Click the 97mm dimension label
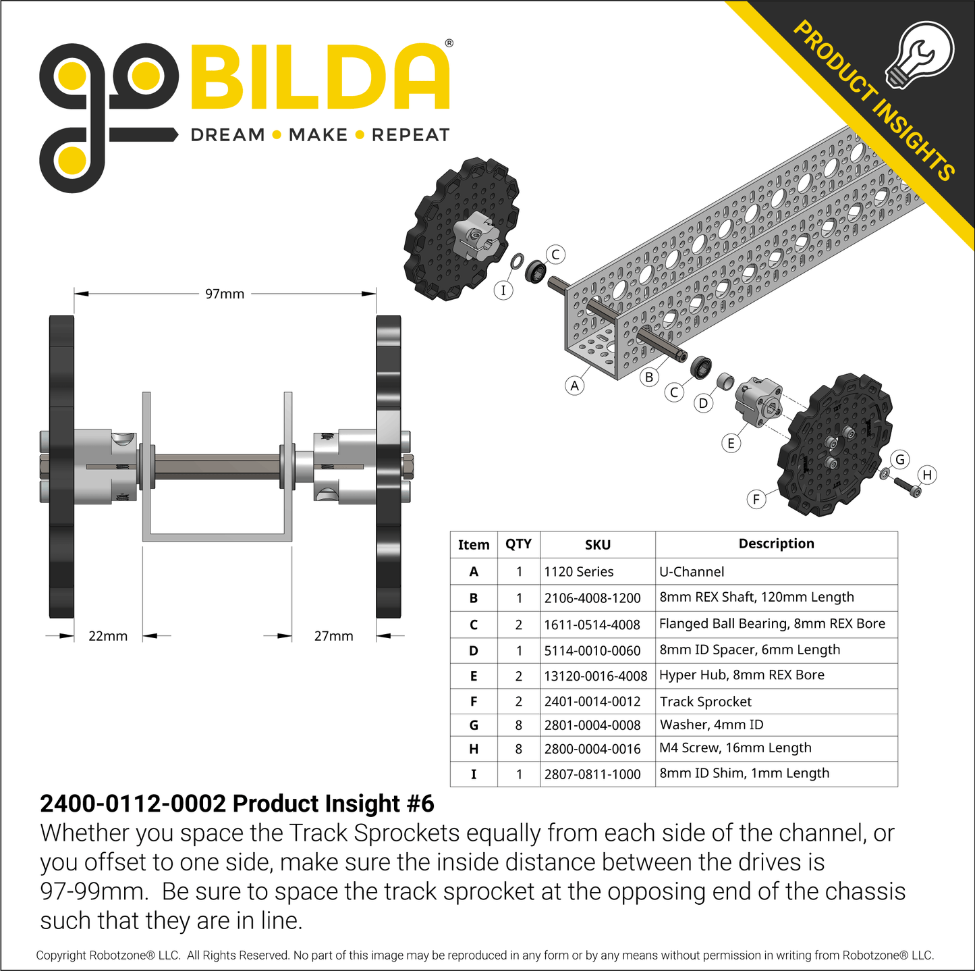pos(225,294)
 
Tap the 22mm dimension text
pos(108,635)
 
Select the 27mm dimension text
pos(333,635)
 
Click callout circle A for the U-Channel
pos(574,386)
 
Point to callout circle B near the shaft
pos(649,377)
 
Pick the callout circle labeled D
pos(703,403)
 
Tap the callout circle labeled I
pos(503,290)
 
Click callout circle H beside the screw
pos(927,475)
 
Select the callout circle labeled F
pos(756,500)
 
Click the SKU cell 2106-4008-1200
pos(592,598)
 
